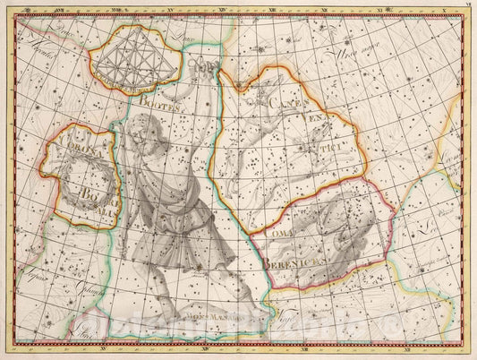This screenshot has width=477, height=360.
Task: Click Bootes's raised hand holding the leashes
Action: tap(208, 68)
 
